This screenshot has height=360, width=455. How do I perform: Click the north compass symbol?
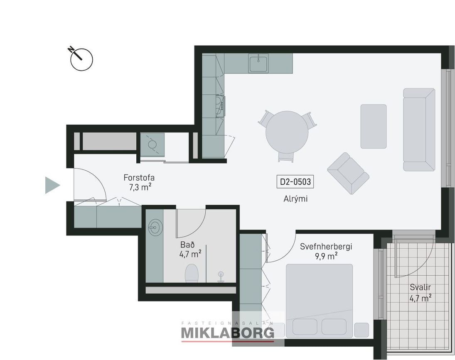pyautogui.click(x=81, y=59)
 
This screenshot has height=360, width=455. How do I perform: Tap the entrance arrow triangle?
pyautogui.click(x=52, y=185)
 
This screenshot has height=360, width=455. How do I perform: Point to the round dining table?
pyautogui.click(x=287, y=132)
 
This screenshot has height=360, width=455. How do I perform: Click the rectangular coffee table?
pyautogui.click(x=374, y=126)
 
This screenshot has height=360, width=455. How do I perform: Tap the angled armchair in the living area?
pyautogui.click(x=348, y=173)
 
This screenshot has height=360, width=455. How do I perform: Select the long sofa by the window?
pyautogui.click(x=419, y=130)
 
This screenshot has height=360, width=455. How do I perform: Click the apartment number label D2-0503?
pyautogui.click(x=295, y=182)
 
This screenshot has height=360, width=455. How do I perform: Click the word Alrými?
pyautogui.click(x=295, y=199)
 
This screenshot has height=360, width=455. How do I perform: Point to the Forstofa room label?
pyautogui.click(x=139, y=177)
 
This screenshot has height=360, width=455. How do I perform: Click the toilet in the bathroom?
pyautogui.click(x=192, y=273)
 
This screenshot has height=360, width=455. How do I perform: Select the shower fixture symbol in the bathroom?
pyautogui.click(x=221, y=276)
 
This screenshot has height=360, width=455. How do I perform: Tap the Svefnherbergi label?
pyautogui.click(x=326, y=247)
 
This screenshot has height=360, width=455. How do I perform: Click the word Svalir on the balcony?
pyautogui.click(x=420, y=287)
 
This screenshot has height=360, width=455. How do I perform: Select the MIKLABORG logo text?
pyautogui.click(x=228, y=333)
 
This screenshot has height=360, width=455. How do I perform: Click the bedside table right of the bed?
pyautogui.click(x=362, y=330)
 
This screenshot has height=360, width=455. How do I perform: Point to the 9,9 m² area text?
pyautogui.click(x=326, y=256)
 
